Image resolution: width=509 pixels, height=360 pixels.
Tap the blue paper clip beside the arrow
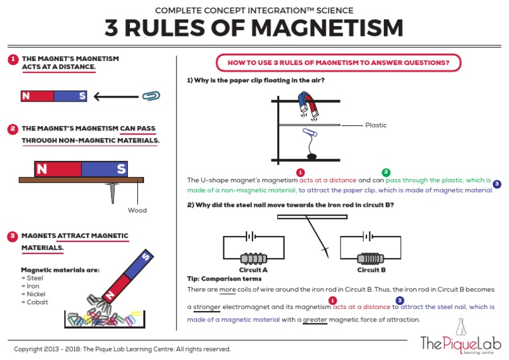coord(152,96)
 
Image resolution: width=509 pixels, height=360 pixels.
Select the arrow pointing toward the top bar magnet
coord(116,97)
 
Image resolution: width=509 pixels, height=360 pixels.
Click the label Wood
coord(137,211)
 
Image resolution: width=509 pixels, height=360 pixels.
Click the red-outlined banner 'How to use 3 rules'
coord(339,63)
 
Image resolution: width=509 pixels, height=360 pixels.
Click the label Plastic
coord(376,125)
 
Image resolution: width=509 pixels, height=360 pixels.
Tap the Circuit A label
coord(253,270)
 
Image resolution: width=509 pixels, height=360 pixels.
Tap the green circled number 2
coord(386,172)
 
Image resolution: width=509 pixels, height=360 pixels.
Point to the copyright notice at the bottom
coord(123,349)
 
